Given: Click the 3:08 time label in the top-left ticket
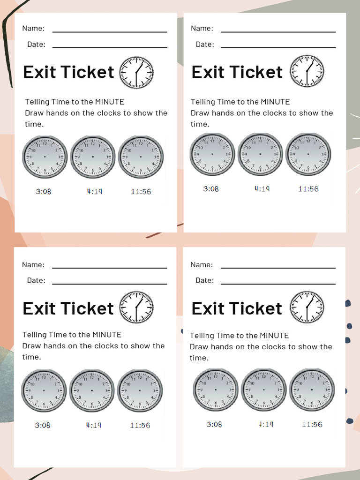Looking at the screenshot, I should (x=43, y=191).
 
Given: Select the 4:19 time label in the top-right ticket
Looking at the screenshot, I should (x=262, y=189).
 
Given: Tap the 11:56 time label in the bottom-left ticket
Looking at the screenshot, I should (x=140, y=426).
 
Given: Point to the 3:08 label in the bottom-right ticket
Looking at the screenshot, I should (x=214, y=425).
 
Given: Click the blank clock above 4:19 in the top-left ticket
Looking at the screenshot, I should (x=93, y=157).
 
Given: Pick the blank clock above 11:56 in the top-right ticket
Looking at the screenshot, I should (x=308, y=154).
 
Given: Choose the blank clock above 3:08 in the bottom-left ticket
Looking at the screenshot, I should (x=44, y=390).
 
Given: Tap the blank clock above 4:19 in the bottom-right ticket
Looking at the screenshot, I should (x=263, y=390).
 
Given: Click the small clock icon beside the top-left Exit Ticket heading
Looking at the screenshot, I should (x=136, y=73).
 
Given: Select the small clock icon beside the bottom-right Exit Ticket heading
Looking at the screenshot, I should (x=307, y=307).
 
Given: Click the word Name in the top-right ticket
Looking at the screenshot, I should (x=202, y=29).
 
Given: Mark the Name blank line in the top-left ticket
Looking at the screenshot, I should (x=110, y=32).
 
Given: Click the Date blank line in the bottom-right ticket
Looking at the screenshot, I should (x=278, y=284).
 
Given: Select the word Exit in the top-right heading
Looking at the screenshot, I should (x=208, y=73).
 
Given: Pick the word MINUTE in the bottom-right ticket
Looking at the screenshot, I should (x=274, y=336).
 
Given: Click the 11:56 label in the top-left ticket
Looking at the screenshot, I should (x=141, y=191).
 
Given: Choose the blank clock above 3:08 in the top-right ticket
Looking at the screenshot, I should (x=212, y=154).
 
